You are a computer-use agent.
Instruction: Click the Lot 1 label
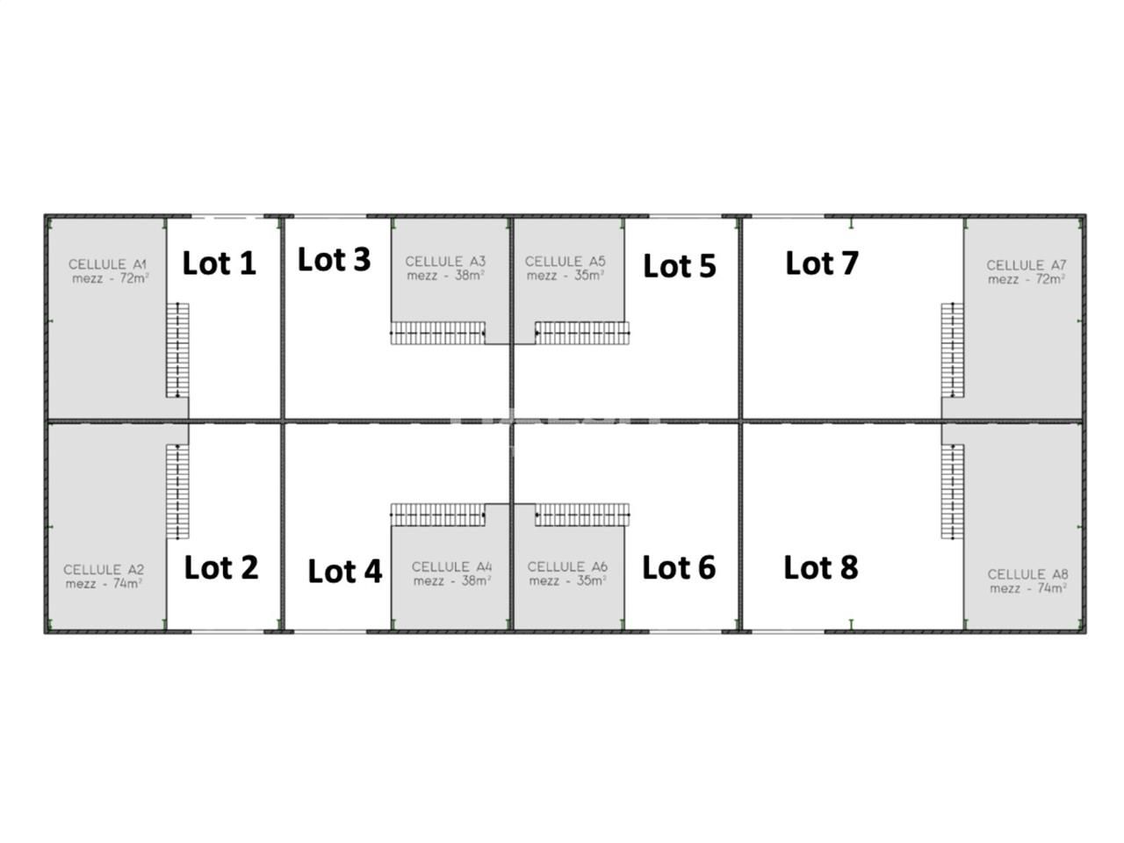click(219, 263)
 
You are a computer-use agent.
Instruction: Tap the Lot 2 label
click(221, 567)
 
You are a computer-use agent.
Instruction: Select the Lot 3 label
click(334, 259)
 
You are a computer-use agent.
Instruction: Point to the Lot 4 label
click(344, 571)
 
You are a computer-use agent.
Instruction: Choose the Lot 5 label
click(679, 265)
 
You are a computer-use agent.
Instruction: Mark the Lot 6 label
click(679, 567)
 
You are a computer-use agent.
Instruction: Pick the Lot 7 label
click(821, 262)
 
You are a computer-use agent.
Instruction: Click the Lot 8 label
click(820, 567)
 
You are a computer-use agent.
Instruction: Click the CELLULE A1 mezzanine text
click(109, 271)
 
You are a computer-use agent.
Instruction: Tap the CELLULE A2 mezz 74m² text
click(104, 576)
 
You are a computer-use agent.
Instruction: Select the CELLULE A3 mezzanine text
click(445, 268)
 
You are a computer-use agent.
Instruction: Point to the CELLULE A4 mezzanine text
click(451, 573)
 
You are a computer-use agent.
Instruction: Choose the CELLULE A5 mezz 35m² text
click(565, 268)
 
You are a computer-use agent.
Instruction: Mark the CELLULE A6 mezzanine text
click(567, 573)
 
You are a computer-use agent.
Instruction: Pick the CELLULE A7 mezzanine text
click(1026, 271)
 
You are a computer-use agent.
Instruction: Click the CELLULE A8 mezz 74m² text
click(1027, 580)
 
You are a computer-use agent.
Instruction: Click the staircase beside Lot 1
click(178, 349)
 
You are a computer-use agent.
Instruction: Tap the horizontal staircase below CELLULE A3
click(438, 333)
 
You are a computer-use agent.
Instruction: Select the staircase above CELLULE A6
click(582, 515)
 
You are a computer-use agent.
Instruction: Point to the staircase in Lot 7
click(952, 349)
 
